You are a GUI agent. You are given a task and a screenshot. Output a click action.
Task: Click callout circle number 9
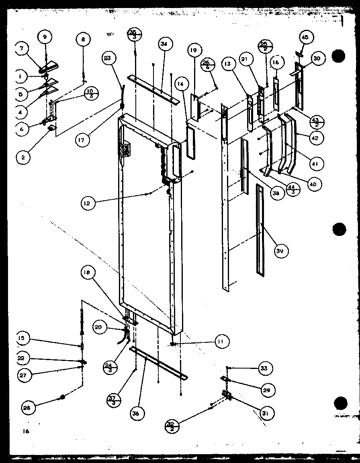(x=45, y=37)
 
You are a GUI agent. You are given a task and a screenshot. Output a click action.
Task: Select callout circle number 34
(x=165, y=43)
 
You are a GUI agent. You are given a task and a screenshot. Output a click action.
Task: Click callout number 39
(x=280, y=251)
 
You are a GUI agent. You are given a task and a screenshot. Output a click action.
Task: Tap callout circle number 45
(x=305, y=38)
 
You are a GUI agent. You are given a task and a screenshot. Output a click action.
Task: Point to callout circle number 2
(x=23, y=158)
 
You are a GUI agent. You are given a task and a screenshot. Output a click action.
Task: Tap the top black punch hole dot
(x=339, y=55)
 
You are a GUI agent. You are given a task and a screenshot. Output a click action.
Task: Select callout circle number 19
(x=194, y=51)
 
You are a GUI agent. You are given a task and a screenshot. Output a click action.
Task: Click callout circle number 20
(x=98, y=327)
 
